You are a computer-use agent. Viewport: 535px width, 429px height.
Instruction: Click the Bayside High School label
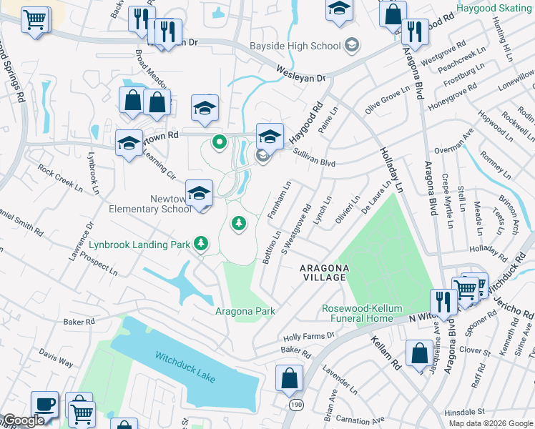295,46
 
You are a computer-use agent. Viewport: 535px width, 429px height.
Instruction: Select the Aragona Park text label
245,311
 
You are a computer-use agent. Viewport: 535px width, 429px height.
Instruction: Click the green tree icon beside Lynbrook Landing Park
202,245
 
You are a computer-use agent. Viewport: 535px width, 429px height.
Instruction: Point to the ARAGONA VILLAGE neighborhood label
324,272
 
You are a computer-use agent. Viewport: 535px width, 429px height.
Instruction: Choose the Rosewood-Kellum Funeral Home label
358,313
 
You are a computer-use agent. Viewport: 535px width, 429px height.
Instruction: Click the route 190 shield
295,405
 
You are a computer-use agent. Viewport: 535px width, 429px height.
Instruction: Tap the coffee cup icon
44,404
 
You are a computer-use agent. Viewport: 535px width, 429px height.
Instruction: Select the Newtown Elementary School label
150,204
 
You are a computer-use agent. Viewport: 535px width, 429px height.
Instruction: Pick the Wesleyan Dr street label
301,73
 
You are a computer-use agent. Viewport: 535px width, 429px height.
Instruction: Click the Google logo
23,420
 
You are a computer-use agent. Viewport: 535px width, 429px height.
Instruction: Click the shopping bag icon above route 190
288,378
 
